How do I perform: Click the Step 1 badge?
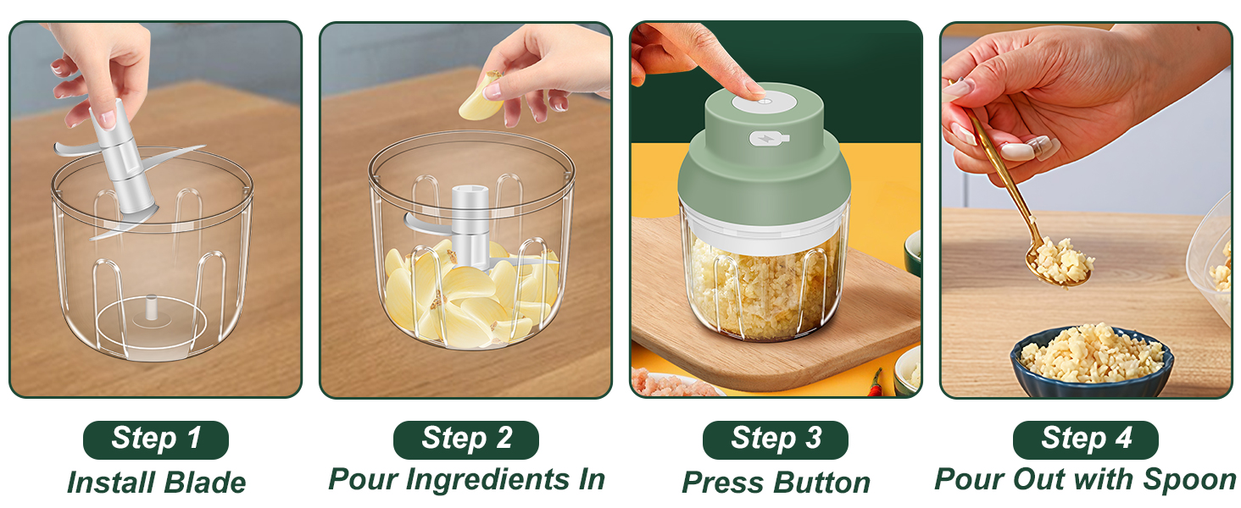[156, 439]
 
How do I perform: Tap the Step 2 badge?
[466, 439]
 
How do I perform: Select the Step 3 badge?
[776, 439]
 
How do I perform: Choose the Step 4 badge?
[1086, 439]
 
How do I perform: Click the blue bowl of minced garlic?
[1092, 360]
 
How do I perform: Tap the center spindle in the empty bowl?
[150, 307]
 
